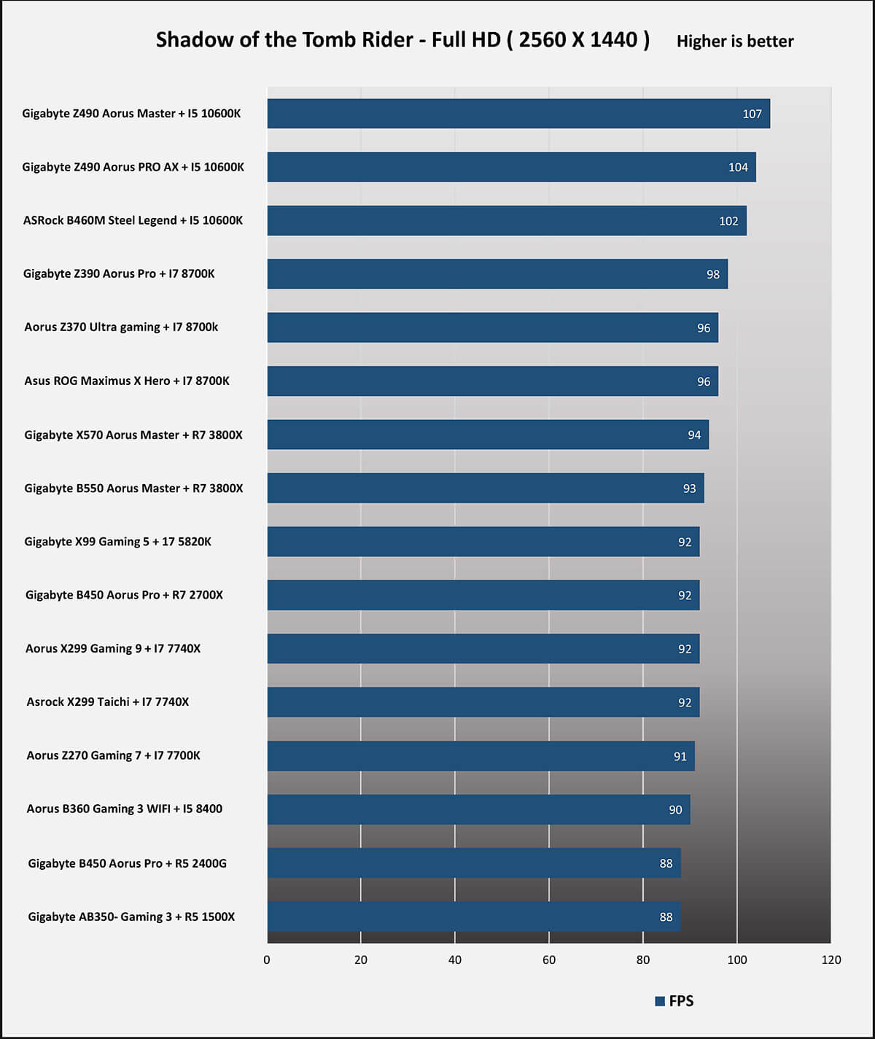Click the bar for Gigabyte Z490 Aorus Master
pyautogui.click(x=518, y=114)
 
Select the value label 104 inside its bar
pyautogui.click(x=738, y=168)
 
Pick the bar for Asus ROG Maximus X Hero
pyautogui.click(x=492, y=381)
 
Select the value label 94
pyautogui.click(x=693, y=435)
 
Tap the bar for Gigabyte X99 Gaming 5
pyautogui.click(x=483, y=542)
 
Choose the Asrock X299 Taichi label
pyautogui.click(x=108, y=702)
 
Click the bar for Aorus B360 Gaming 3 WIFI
pyautogui.click(x=478, y=810)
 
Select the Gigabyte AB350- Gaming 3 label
pyautogui.click(x=131, y=917)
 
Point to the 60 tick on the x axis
pyautogui.click(x=549, y=960)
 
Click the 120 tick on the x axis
pyautogui.click(x=831, y=960)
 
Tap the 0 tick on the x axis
pyautogui.click(x=267, y=960)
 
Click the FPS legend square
pyautogui.click(x=660, y=1001)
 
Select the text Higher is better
pyautogui.click(x=734, y=42)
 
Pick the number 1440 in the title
pyautogui.click(x=613, y=39)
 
